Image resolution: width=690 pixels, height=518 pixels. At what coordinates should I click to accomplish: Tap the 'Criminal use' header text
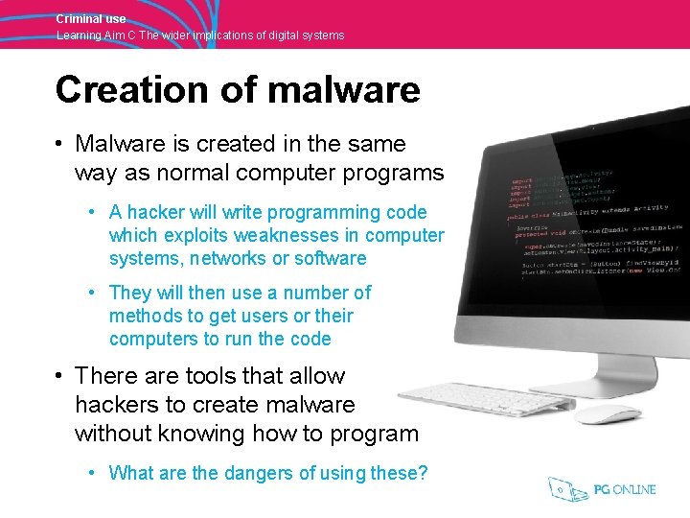(x=90, y=18)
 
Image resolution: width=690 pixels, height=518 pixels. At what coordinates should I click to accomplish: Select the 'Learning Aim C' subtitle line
(x=199, y=35)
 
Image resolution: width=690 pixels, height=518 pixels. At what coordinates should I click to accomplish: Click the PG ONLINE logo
(x=602, y=489)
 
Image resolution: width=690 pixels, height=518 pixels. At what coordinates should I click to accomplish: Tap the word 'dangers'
(x=220, y=472)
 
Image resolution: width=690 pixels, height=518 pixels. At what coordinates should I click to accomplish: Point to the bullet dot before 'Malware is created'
(x=59, y=144)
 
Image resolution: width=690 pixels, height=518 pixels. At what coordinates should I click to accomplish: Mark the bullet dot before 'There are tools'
(x=59, y=375)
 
